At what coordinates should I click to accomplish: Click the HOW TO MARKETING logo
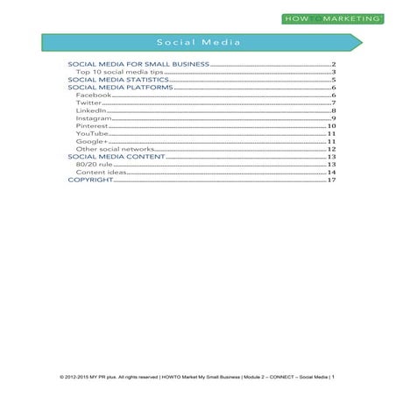point(332,18)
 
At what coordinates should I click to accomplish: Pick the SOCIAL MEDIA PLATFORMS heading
point(121,88)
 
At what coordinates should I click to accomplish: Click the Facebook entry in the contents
point(94,96)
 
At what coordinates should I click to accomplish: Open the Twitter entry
point(89,104)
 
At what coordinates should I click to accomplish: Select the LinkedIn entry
point(91,111)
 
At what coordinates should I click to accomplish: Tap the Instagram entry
point(94,119)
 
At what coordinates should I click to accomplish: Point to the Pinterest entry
point(92,127)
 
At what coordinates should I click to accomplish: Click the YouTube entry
point(92,134)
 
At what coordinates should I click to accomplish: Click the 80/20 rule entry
point(93,165)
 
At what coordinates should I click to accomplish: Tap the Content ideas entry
point(99,173)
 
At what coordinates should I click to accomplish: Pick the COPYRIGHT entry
point(91,180)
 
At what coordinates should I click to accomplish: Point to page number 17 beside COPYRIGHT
point(331,180)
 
